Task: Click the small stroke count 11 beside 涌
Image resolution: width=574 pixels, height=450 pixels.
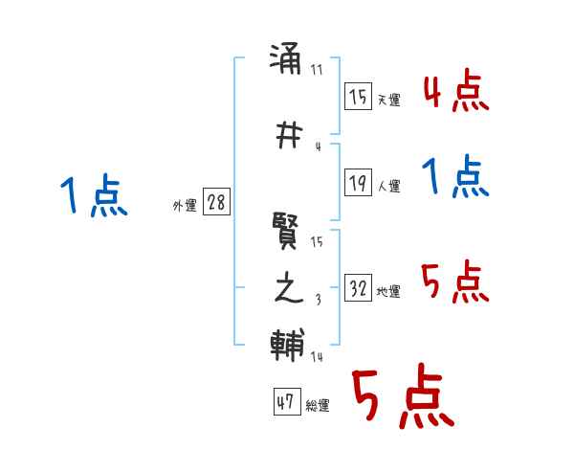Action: pyautogui.click(x=318, y=70)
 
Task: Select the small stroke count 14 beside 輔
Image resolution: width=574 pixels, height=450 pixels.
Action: pyautogui.click(x=318, y=357)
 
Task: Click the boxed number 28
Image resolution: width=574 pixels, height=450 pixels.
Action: pyautogui.click(x=216, y=203)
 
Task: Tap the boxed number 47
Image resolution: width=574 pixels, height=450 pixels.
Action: pyautogui.click(x=285, y=403)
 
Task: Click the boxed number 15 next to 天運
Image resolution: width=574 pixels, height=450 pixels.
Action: pyautogui.click(x=358, y=97)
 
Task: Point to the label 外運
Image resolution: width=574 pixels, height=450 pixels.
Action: pyautogui.click(x=185, y=205)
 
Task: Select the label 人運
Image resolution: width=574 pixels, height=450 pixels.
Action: pyautogui.click(x=388, y=187)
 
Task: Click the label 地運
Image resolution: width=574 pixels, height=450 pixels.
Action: pyautogui.click(x=388, y=292)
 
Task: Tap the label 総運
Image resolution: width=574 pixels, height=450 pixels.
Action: pyautogui.click(x=318, y=406)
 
